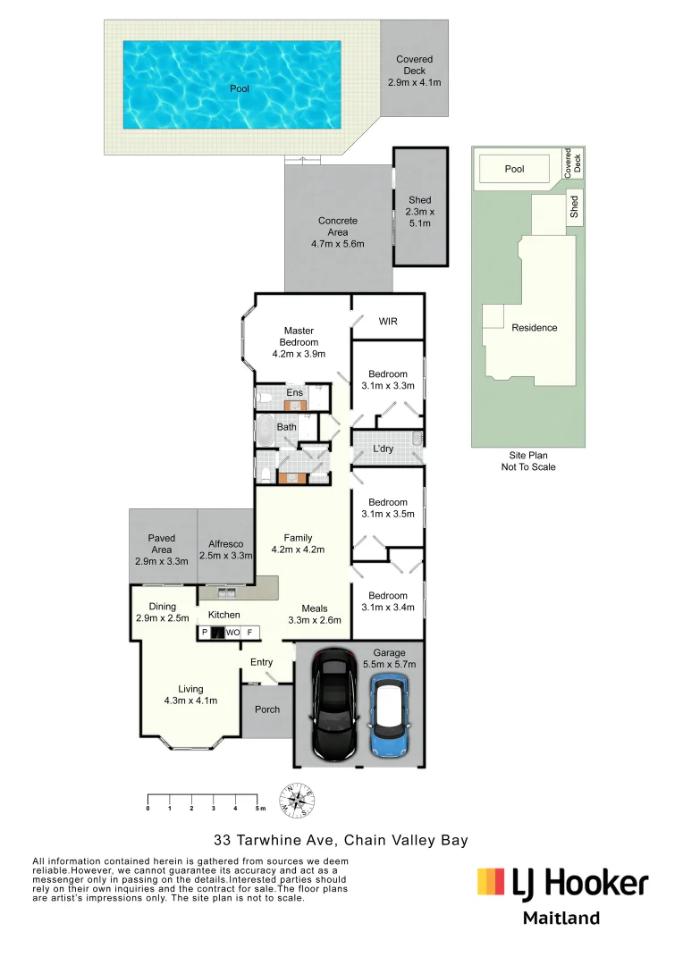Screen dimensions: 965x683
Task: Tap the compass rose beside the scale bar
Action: coord(298,801)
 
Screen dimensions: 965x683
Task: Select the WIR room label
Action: coord(388,322)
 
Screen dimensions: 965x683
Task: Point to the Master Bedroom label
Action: coord(299,336)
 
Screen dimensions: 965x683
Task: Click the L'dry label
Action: coord(383,449)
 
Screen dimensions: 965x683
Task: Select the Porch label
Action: coord(267,709)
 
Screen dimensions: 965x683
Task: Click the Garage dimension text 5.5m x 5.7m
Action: coord(390,665)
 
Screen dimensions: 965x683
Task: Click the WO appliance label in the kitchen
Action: coord(232,633)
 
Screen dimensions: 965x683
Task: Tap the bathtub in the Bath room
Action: coord(265,430)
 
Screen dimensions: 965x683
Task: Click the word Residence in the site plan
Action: coord(535,328)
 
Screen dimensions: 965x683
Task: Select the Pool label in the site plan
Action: coord(514,169)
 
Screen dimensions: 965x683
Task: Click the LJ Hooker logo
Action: coord(562,884)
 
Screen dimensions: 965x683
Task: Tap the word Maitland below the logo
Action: coord(561,919)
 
